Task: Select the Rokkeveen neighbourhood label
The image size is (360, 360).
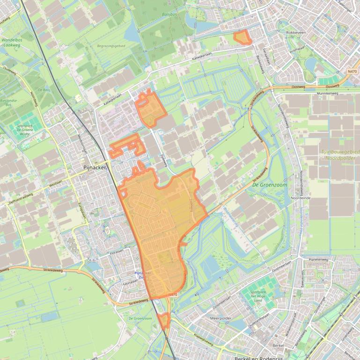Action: click(x=295, y=33)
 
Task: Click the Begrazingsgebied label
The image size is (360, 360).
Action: click(x=111, y=46)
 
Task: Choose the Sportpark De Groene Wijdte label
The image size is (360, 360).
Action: click(x=26, y=129)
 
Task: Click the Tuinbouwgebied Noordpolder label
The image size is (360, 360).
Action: click(x=340, y=155)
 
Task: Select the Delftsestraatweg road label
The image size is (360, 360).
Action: click(x=20, y=198)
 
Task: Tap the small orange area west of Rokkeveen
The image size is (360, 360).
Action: click(x=242, y=37)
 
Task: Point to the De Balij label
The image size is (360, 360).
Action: click(x=44, y=89)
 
